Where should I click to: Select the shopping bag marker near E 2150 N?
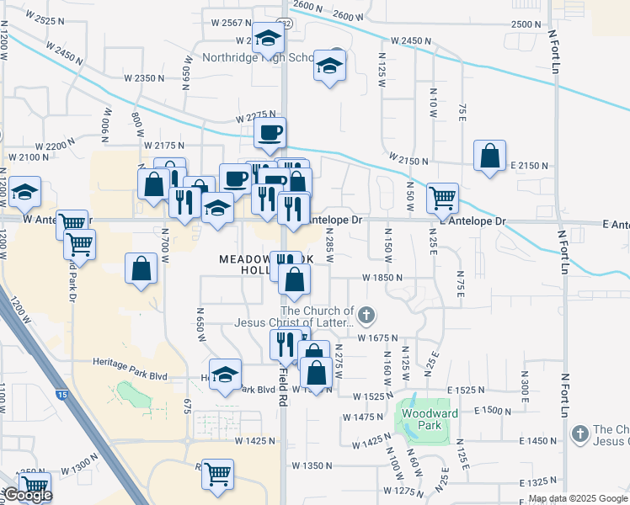pos(489,157)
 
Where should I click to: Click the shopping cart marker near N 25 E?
pos(442,199)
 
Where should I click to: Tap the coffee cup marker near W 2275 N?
pos(270,133)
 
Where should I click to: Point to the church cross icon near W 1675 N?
pos(366,316)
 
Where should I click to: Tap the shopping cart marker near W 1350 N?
pos(217,476)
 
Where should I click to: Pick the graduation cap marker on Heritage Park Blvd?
pos(225,375)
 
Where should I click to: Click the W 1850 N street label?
pos(383,277)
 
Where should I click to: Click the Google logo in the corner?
pos(27,496)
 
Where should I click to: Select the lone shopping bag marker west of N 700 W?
pos(141,269)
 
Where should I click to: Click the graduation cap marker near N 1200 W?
pos(25,193)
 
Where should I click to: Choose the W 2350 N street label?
pos(144,78)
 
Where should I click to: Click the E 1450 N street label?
pos(538,441)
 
